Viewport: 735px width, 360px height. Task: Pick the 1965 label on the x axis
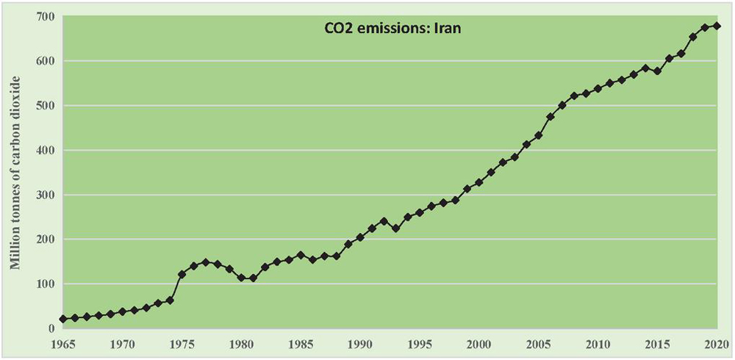pos(63,343)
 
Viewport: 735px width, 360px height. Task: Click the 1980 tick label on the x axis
pos(241,343)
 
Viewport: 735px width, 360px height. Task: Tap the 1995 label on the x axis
pos(420,343)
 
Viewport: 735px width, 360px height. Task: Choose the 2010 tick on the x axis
pos(598,343)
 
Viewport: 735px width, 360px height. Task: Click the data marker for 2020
pos(717,26)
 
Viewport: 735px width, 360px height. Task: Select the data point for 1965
pos(63,319)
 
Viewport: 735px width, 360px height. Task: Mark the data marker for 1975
pos(182,274)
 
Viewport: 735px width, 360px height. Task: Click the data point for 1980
pos(241,278)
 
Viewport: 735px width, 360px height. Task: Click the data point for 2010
pos(598,88)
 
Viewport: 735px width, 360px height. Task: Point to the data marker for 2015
pos(657,71)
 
